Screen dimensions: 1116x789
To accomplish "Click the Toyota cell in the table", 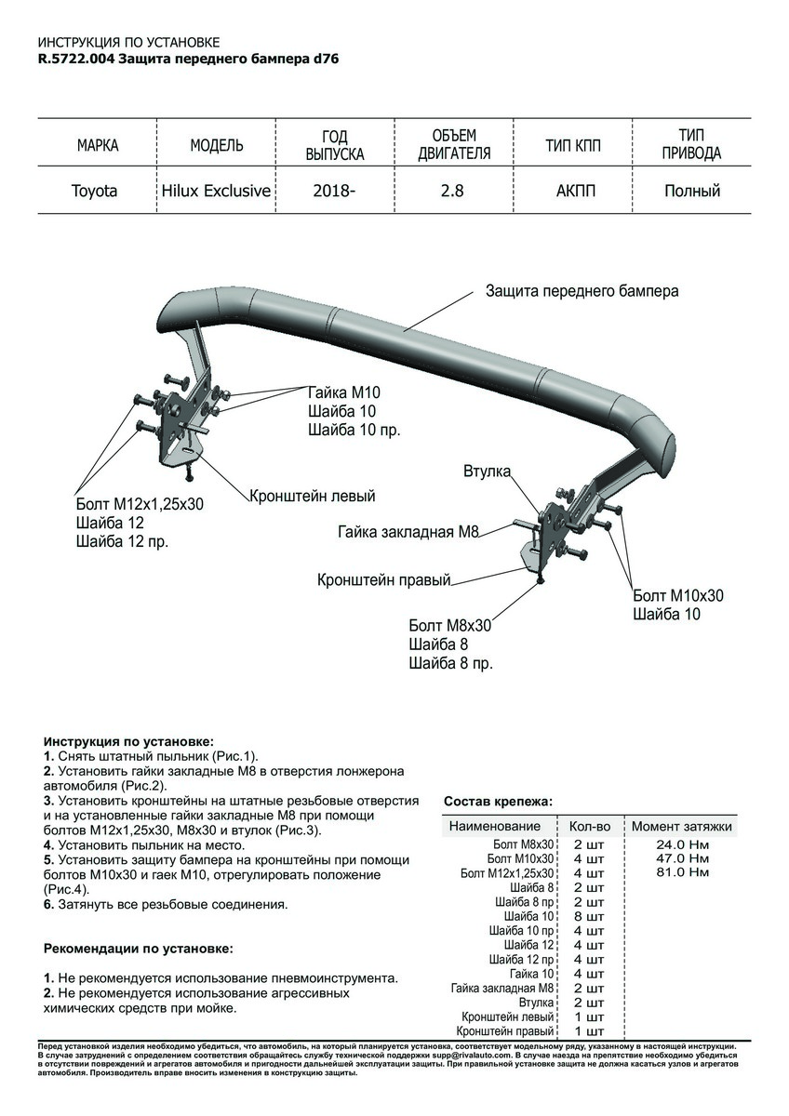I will click(95, 192).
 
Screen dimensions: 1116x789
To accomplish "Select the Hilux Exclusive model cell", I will click(216, 192).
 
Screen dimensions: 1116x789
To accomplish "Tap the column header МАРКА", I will click(98, 146).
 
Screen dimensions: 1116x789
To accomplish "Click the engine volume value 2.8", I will click(451, 192).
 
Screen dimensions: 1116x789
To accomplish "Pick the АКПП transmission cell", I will click(574, 192).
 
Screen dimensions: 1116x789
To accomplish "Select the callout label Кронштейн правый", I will click(383, 580).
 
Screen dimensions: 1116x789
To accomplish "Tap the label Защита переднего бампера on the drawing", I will click(582, 291).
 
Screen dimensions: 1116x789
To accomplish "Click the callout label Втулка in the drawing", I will click(487, 472).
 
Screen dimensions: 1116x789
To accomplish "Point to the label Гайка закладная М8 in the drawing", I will click(408, 533).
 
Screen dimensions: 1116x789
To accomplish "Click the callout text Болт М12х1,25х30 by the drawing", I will click(140, 504).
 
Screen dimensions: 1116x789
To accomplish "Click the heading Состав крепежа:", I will click(498, 801).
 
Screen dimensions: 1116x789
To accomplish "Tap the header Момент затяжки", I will click(681, 826).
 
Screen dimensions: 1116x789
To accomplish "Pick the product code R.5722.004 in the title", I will click(77, 59).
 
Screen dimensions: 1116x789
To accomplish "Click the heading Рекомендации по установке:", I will click(140, 950).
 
